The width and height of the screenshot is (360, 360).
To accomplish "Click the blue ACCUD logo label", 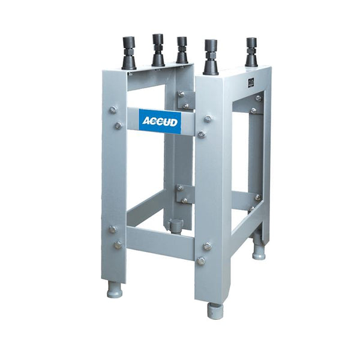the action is pyautogui.click(x=160, y=121).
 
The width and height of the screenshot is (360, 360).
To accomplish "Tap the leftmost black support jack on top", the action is pyautogui.click(x=129, y=53).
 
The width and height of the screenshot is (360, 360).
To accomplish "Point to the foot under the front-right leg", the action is pyautogui.click(x=215, y=310).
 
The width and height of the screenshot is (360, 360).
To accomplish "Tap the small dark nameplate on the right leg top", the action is pyautogui.click(x=251, y=82).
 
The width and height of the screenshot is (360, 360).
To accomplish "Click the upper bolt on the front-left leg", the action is pyautogui.click(x=113, y=110).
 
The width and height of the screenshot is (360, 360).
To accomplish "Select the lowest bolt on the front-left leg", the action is pyautogui.click(x=118, y=245).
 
